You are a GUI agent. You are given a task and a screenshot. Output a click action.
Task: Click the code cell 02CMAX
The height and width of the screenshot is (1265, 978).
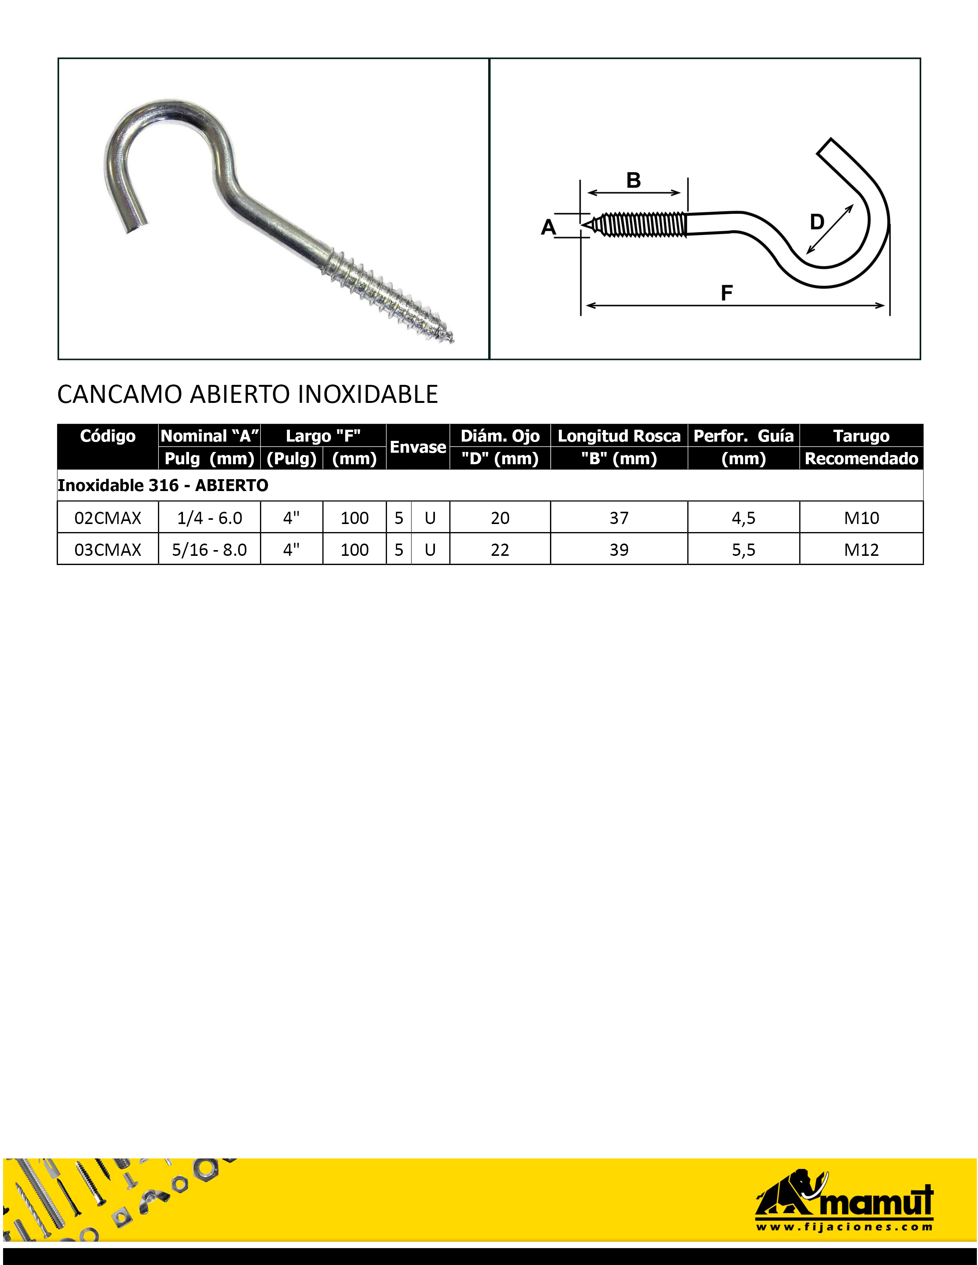point(108,518)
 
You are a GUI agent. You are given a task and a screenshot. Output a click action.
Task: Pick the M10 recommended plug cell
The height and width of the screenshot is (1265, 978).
point(861,518)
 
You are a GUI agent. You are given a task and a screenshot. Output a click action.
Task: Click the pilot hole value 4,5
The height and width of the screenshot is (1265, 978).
point(743,518)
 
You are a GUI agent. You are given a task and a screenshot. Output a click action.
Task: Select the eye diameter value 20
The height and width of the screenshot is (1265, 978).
point(500,518)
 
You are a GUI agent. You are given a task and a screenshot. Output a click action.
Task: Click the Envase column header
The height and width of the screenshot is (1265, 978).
point(418,447)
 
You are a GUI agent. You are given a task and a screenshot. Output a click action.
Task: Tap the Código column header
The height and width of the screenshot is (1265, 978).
point(108,436)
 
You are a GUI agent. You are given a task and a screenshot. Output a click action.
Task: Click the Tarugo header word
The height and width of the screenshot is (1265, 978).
point(861,436)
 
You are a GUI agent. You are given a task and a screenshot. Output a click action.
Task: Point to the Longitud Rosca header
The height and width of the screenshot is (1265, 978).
point(619,436)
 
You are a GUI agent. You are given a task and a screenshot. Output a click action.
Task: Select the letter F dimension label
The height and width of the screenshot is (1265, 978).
point(726,293)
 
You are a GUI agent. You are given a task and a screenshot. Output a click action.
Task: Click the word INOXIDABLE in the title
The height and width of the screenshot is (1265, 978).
point(367,394)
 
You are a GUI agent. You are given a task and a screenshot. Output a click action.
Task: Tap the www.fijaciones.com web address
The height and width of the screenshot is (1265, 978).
point(844,1226)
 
